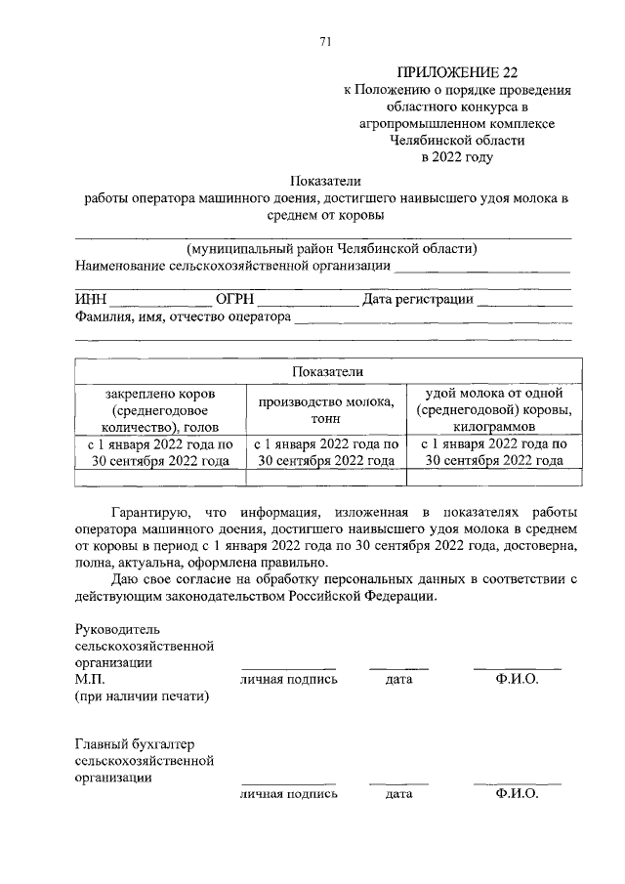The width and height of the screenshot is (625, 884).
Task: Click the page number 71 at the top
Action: (x=325, y=40)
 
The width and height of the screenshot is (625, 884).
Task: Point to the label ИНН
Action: (x=91, y=299)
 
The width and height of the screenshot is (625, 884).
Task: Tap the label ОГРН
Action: (x=234, y=299)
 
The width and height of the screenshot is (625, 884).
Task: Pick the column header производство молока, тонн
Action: (x=326, y=409)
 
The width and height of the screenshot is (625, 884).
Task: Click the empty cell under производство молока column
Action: (x=326, y=477)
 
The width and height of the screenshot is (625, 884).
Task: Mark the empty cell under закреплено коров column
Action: (x=160, y=477)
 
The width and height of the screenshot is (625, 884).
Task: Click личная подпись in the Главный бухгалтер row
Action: (x=289, y=795)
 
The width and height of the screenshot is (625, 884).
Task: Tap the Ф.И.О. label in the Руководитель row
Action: (x=517, y=679)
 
